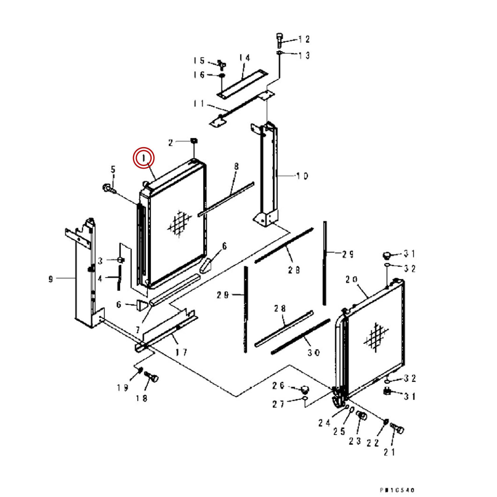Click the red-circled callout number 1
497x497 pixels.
coord(144,158)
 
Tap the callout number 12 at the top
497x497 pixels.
coord(304,39)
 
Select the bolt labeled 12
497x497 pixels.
coord(279,39)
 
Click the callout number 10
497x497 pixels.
coord(302,176)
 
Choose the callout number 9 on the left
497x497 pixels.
coord(51,279)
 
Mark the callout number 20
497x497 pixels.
coord(351,280)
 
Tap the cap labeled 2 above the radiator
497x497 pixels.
coord(194,141)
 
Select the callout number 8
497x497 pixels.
coord(236,166)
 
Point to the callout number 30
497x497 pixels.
coord(313,353)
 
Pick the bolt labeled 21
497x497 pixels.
coord(397,428)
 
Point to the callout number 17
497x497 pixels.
coord(181,352)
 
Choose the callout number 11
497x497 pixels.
coord(199,104)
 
